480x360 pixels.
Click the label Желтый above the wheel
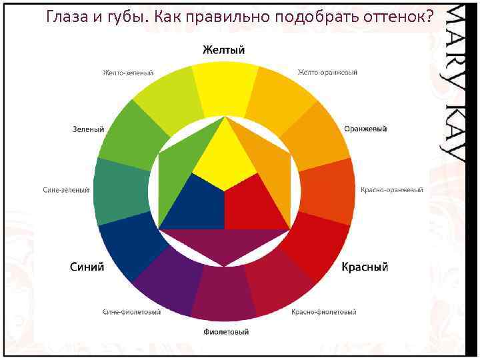[224, 51]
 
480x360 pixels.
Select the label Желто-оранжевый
[327, 72]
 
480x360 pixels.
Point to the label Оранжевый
[365, 128]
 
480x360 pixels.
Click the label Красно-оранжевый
[392, 190]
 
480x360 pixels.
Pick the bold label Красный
[365, 267]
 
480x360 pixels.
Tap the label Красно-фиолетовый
[324, 312]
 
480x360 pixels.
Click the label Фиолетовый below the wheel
[226, 331]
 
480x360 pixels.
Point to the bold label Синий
[87, 267]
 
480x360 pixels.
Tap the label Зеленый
[88, 128]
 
